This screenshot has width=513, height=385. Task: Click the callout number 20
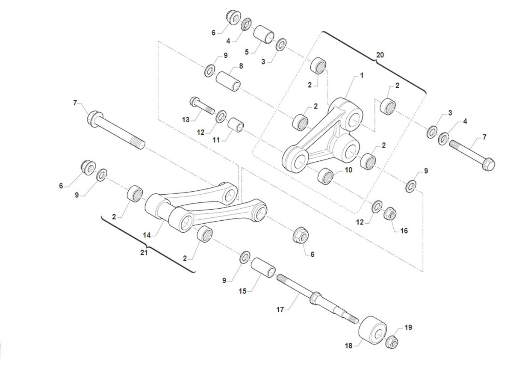coord(380,55)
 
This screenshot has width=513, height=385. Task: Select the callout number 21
coord(144,252)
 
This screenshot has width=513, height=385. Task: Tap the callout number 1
coord(362,76)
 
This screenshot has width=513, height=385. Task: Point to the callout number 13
coord(186,120)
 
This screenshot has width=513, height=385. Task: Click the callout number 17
coord(280,310)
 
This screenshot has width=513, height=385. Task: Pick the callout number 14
coord(147,235)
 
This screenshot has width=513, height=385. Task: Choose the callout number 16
coord(404,231)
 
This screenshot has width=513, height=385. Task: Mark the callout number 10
coord(348,170)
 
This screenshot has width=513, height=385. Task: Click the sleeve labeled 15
coord(263,268)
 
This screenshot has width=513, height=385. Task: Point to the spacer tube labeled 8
coord(228,82)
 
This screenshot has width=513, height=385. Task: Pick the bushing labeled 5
coord(264,35)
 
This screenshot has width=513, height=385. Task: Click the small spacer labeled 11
coord(236,125)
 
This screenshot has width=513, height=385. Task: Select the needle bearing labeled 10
coord(326,176)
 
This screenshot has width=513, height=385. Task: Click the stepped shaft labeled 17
coord(317,300)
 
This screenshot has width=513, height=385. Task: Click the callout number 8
coord(241,66)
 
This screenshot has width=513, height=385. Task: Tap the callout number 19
coord(408,328)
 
